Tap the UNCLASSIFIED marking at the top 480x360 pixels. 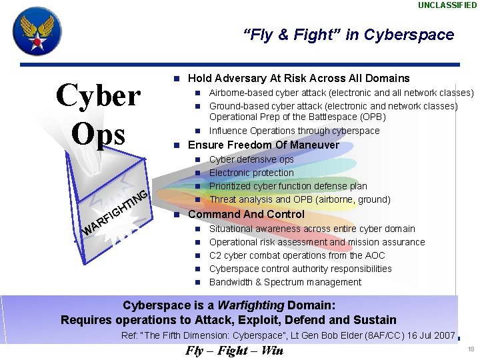(x=447, y=5)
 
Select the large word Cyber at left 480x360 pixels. (x=99, y=96)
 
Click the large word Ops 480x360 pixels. (x=99, y=132)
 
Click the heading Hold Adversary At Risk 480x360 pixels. (x=299, y=78)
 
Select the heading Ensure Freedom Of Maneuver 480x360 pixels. (x=263, y=145)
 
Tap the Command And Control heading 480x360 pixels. (x=246, y=214)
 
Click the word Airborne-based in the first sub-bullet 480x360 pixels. (x=240, y=93)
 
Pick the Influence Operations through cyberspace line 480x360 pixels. (x=294, y=131)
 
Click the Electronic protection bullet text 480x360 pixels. (x=251, y=173)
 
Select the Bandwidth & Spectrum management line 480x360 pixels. (x=285, y=282)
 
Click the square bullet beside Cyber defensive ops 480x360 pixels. (x=198, y=160)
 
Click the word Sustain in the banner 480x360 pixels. (x=373, y=320)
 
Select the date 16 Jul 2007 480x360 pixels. (x=423, y=335)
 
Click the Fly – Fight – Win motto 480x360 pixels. (x=234, y=351)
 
